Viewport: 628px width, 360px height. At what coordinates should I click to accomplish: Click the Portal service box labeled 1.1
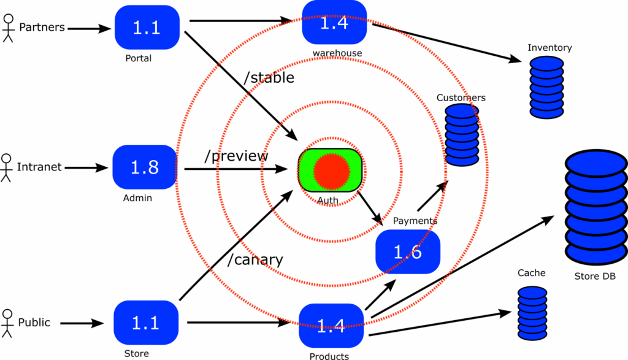coord(147,28)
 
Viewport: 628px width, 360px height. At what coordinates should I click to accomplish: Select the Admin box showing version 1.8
coord(145,167)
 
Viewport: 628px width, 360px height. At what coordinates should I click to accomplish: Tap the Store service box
coord(146,323)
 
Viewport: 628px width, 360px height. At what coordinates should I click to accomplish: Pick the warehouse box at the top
coord(334,23)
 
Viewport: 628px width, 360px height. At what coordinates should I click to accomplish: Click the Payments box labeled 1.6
coord(408,251)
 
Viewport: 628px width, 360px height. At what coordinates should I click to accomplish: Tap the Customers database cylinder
coord(462,136)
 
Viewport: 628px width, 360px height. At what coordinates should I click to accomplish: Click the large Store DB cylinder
coord(594,207)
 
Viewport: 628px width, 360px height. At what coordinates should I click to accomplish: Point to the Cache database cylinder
coord(532,313)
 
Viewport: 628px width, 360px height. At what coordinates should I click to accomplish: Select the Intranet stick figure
coord(6,167)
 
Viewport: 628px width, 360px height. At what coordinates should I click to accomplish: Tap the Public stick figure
coord(7,323)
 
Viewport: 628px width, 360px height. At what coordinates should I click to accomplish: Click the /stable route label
coord(269,78)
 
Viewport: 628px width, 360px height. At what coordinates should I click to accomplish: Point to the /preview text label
coord(236,156)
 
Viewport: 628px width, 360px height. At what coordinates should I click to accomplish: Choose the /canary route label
coord(255,259)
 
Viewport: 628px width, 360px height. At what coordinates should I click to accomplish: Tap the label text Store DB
coord(594,277)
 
